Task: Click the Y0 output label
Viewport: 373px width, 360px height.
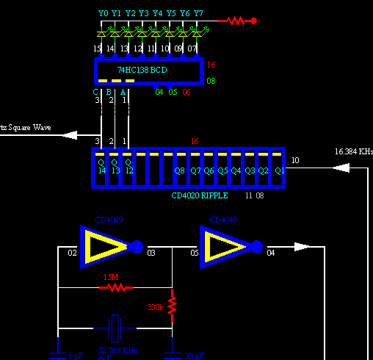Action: coord(103,13)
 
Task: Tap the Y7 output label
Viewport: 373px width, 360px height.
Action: coord(198,13)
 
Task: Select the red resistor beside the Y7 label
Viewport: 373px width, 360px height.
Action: coord(235,21)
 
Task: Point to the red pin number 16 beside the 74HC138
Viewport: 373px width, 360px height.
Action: coord(211,65)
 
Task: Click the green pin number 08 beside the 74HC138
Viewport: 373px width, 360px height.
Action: coord(211,80)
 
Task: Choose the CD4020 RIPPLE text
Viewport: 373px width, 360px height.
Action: coord(200,196)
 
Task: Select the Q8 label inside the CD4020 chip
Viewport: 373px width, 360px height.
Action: coord(179,170)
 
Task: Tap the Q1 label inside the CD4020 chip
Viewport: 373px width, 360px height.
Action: coord(279,170)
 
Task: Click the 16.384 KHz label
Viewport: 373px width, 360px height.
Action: coord(353,151)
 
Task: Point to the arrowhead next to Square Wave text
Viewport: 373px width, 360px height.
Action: coord(70,134)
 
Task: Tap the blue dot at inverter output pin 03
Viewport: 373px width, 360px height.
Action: coord(137,246)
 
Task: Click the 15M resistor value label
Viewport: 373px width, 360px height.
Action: coord(110,277)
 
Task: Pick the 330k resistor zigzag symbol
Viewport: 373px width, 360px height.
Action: coord(172,306)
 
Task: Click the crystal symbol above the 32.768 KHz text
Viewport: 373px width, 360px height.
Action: coord(113,324)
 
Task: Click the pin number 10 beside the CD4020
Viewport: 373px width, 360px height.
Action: coord(295,160)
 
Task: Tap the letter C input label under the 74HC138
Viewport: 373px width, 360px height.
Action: coord(95,92)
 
